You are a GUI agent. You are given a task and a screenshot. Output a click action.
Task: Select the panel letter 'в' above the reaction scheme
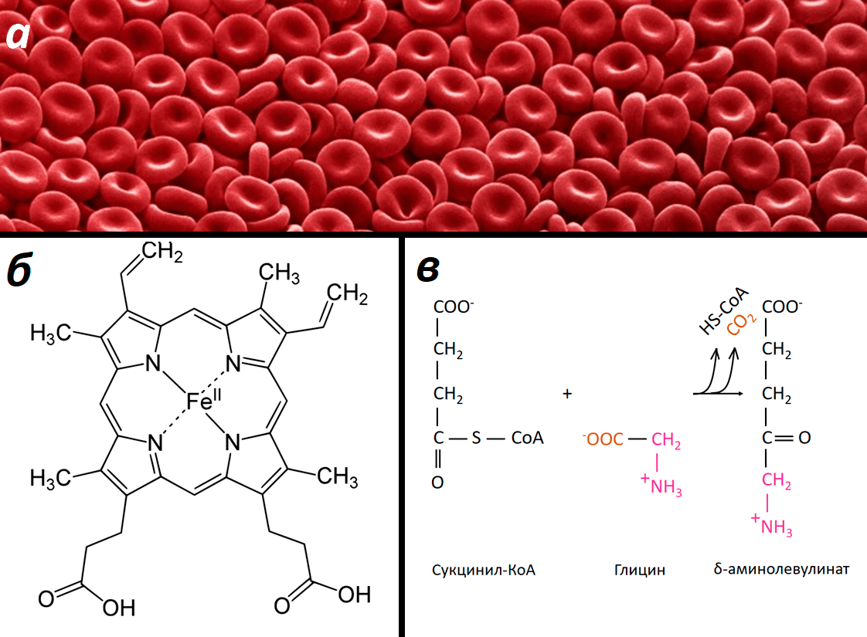430,272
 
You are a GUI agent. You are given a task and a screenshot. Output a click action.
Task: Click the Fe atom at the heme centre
199,401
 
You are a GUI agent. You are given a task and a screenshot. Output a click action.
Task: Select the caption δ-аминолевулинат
782,570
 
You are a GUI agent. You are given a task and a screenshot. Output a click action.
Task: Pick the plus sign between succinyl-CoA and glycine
568,394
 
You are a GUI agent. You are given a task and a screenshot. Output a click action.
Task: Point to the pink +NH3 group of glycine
661,486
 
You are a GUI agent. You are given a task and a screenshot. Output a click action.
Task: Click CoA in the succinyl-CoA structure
527,439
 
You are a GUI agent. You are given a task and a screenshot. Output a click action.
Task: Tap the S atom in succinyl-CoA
476,439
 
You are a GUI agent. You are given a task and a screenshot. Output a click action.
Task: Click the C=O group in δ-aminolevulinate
784,439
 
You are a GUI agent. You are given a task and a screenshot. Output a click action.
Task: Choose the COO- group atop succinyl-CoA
455,307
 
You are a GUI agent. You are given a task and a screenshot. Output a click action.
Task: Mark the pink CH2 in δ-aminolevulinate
777,482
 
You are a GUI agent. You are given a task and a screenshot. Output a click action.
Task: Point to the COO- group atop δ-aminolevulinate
783,307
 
